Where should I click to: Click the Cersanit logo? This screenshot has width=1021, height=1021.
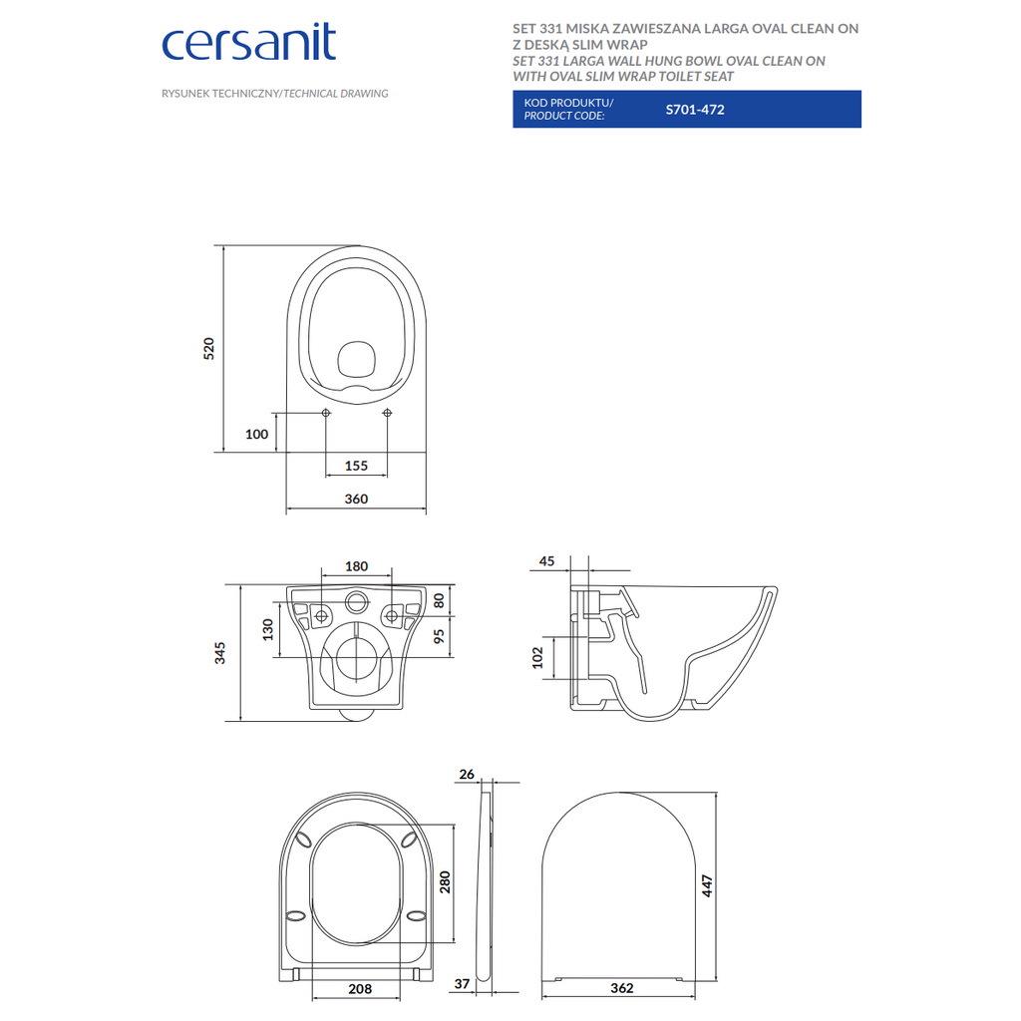click(248, 44)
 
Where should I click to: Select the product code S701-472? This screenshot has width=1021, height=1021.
click(695, 110)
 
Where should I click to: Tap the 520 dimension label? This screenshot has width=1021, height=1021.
click(208, 349)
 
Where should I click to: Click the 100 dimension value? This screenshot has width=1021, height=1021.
click(256, 435)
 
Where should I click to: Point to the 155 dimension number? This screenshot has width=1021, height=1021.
click(356, 466)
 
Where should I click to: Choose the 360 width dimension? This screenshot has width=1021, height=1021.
click(356, 499)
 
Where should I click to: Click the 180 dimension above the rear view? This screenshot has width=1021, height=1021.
click(356, 566)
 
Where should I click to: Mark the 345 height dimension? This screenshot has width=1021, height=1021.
click(220, 652)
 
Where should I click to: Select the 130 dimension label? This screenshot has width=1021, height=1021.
click(267, 630)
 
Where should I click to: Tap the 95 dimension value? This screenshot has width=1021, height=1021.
click(439, 635)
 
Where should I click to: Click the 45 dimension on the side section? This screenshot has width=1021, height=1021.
click(547, 561)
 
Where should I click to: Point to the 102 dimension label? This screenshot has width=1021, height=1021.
click(537, 658)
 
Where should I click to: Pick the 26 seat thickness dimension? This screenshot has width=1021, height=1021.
click(467, 774)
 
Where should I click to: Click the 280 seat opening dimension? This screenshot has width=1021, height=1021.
click(445, 882)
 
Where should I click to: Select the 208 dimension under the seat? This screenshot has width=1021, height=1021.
click(359, 988)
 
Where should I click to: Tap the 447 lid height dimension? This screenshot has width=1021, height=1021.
click(707, 885)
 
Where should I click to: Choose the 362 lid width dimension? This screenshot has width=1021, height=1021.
click(622, 988)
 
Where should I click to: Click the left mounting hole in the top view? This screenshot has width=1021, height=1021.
click(326, 413)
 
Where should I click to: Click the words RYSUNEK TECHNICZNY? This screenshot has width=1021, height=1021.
click(220, 94)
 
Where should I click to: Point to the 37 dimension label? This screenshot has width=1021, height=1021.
click(462, 984)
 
